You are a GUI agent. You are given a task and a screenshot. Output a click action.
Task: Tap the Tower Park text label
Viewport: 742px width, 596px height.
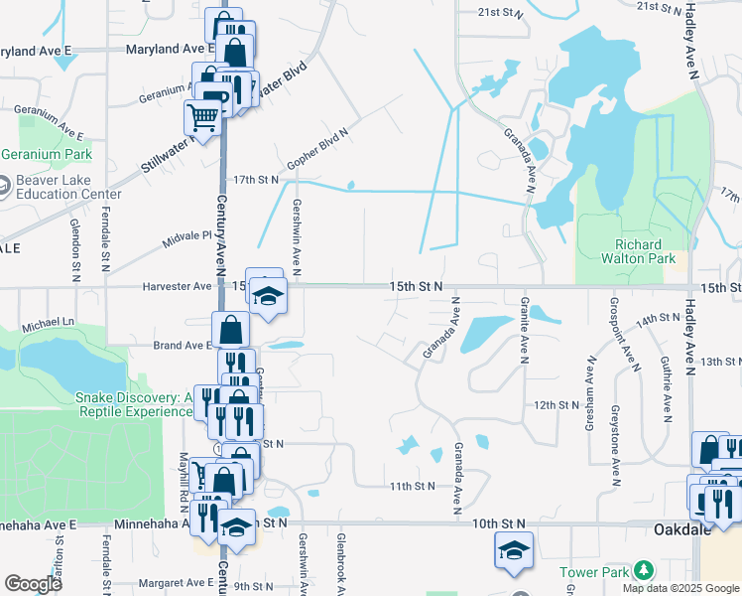click(593, 572)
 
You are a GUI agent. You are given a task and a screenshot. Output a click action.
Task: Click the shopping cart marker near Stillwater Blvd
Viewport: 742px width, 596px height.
click(202, 119)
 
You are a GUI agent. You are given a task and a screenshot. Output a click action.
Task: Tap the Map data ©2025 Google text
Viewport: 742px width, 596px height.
click(680, 588)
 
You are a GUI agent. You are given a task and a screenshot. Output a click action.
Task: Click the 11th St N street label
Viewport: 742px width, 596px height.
click(413, 486)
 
